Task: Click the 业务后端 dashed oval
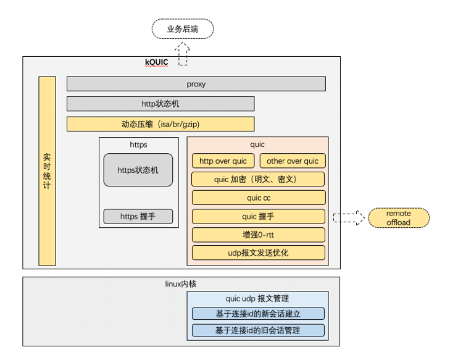click(x=182, y=28)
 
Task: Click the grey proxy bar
click(x=196, y=84)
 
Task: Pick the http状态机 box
click(x=160, y=104)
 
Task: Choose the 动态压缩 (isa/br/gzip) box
click(x=160, y=124)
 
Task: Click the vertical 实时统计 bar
click(x=47, y=171)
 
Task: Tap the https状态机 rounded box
click(x=138, y=170)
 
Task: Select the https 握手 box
click(x=138, y=216)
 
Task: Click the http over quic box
click(x=223, y=161)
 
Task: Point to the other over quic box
click(x=293, y=161)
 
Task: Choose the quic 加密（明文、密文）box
click(x=258, y=179)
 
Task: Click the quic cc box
click(x=258, y=198)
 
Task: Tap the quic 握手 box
click(x=258, y=216)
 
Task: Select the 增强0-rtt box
click(x=258, y=235)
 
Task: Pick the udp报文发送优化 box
click(x=258, y=253)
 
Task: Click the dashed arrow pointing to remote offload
click(x=349, y=217)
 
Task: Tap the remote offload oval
click(x=398, y=217)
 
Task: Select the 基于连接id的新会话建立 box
click(x=257, y=313)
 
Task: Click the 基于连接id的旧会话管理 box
click(x=257, y=330)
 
